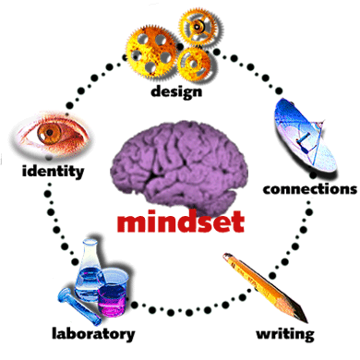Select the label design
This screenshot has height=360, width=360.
(176, 91)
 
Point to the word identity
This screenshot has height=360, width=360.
(53, 171)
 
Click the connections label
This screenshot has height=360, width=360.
(310, 189)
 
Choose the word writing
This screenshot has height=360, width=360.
(285, 334)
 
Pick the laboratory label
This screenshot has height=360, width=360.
(93, 334)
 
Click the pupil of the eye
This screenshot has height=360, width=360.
(50, 132)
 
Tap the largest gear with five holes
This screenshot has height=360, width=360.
(151, 52)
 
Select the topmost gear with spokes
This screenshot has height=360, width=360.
(197, 27)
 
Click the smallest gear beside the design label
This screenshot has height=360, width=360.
(194, 64)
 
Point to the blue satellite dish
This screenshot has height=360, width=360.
(305, 136)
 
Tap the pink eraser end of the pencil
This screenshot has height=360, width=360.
(227, 256)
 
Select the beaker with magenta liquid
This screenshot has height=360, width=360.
(113, 293)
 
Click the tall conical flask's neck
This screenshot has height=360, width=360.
(90, 252)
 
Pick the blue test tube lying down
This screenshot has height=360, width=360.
(79, 306)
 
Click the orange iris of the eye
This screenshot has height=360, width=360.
(50, 132)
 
